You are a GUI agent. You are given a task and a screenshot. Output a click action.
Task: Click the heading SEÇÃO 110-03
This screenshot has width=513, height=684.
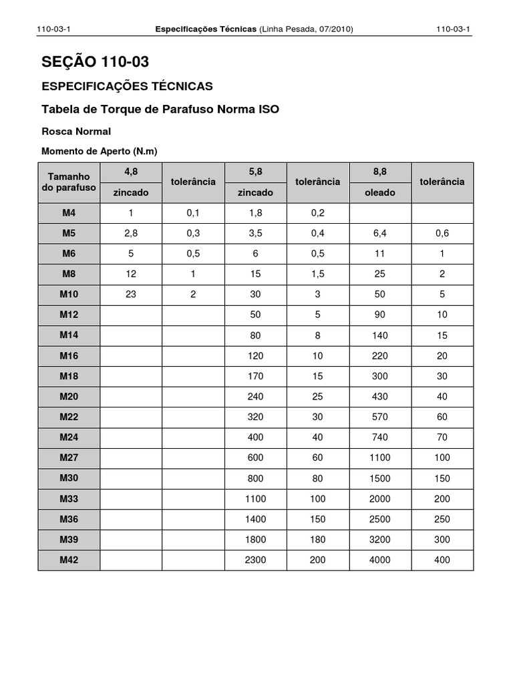click(95, 63)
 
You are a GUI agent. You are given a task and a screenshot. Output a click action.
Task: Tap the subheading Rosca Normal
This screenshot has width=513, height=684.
click(76, 131)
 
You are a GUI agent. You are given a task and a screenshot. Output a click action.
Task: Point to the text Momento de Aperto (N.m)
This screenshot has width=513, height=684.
click(100, 151)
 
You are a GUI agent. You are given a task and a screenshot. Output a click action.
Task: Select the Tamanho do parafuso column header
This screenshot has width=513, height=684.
click(69, 182)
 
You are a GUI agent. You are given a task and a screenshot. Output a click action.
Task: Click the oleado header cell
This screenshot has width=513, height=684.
click(379, 192)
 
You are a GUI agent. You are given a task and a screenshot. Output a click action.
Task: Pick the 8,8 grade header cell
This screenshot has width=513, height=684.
click(379, 172)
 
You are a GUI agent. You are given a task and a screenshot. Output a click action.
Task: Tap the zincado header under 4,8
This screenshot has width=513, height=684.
click(131, 192)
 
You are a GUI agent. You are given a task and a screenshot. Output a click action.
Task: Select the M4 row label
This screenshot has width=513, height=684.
click(69, 213)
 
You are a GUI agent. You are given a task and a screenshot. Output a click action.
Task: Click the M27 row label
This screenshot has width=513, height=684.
click(69, 458)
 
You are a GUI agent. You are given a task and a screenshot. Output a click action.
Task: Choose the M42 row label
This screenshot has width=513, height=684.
click(69, 560)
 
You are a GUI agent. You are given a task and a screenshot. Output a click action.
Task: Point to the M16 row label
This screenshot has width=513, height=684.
click(69, 356)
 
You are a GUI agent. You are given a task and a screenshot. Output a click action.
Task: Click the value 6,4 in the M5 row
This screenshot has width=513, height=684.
click(379, 233)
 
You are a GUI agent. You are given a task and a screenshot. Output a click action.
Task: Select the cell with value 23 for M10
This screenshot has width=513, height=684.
click(131, 295)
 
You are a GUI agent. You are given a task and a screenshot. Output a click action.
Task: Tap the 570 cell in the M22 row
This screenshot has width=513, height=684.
click(379, 417)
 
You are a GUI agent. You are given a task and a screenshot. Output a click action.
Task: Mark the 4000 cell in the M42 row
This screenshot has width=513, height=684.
click(379, 560)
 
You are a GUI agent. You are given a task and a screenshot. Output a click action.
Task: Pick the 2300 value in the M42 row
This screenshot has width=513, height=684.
click(255, 560)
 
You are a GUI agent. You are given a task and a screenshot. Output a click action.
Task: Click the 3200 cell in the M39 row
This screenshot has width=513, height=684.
click(379, 540)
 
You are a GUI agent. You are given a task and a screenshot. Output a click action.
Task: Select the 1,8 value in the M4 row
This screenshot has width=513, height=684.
click(255, 213)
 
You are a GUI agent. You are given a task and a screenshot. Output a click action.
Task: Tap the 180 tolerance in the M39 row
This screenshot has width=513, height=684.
click(317, 540)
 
